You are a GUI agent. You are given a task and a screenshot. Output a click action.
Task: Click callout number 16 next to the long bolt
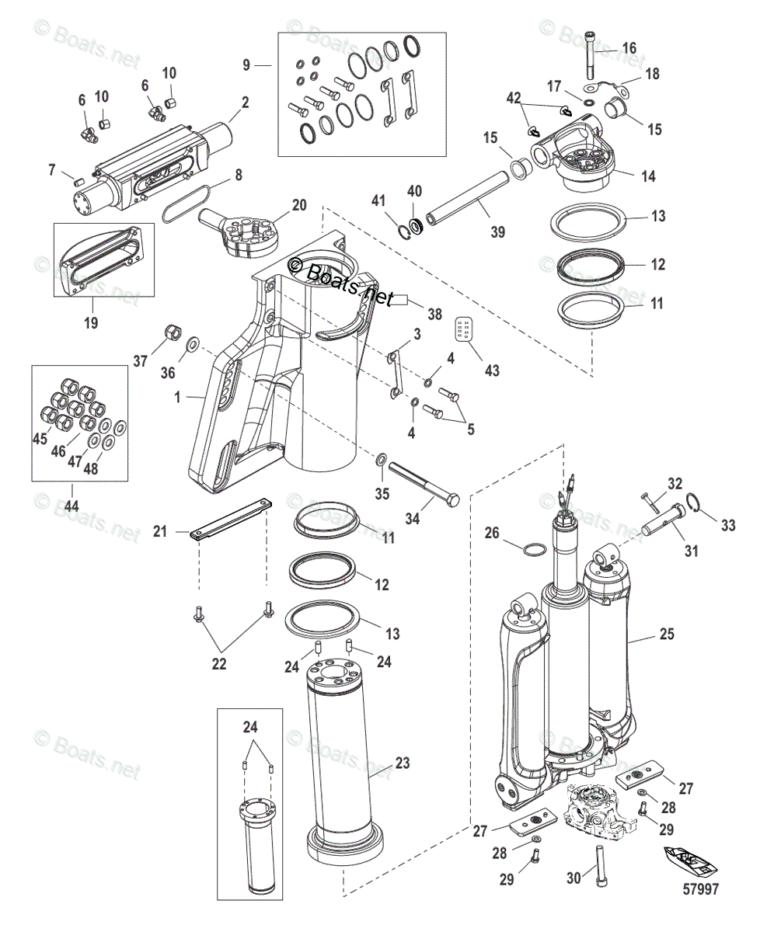point(629,48)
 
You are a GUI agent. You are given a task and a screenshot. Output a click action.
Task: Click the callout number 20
point(299,206)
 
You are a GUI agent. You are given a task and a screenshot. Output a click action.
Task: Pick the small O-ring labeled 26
point(532,550)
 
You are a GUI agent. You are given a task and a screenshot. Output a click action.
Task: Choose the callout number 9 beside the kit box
point(246,66)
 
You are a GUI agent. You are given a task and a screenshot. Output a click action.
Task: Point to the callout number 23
point(402,763)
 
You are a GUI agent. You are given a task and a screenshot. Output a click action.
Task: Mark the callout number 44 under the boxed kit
point(71,506)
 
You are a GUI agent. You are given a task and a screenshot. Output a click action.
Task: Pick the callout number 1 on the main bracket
point(178,397)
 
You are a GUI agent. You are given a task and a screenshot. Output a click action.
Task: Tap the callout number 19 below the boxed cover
point(91,322)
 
